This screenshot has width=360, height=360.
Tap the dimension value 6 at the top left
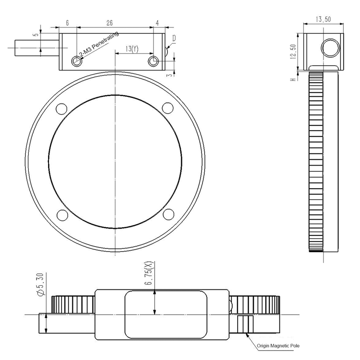tap(67, 22)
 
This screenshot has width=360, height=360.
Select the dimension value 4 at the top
tap(157, 22)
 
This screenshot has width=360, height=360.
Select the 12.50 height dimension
tap(293, 51)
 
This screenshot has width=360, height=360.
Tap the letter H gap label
tap(293, 79)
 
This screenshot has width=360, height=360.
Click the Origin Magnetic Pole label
tap(278, 346)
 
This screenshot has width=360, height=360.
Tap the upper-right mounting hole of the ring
tap(167, 108)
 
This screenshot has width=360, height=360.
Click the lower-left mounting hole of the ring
tap(60, 214)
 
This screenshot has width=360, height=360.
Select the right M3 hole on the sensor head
tap(153, 61)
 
